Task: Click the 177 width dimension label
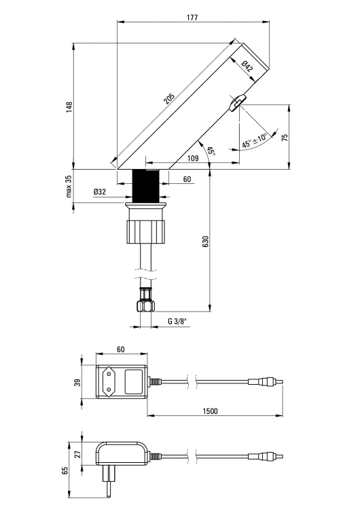[x=192, y=17]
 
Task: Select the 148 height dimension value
[x=69, y=107]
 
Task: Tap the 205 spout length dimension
[x=169, y=98]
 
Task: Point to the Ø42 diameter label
[x=247, y=67]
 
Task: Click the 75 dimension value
[x=285, y=137]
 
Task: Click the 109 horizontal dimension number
[x=193, y=158]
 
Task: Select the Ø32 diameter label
[x=100, y=192]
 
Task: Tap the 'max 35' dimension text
[x=68, y=187]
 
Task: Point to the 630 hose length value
[x=205, y=242]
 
